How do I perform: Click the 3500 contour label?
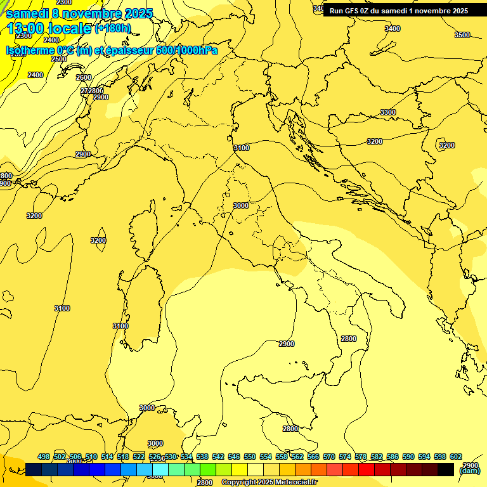point(462,35)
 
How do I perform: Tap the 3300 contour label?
point(388,112)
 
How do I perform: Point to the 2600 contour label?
point(84,77)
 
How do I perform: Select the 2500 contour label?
point(59,59)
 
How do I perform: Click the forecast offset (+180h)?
point(112,29)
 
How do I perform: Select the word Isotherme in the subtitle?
point(30,50)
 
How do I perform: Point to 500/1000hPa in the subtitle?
point(186,50)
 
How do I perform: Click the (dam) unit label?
point(469,471)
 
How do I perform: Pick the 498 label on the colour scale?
point(44,457)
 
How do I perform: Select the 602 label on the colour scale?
point(455,457)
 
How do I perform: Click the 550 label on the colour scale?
point(250,457)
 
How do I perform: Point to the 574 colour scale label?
point(345,457)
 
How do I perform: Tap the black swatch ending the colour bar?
point(446,469)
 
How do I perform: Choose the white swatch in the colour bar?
point(256,469)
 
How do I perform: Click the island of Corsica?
point(143,228)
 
